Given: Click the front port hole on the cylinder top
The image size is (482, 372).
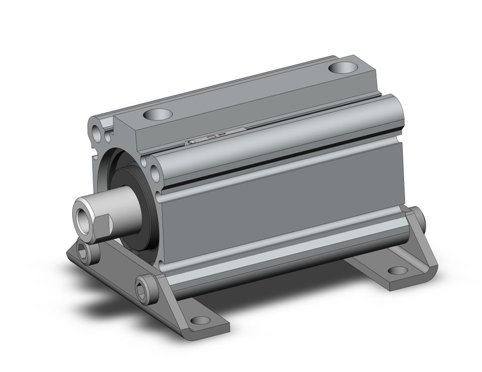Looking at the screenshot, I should point(157,115).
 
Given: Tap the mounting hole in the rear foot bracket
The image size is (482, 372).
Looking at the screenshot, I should point(398,271).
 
